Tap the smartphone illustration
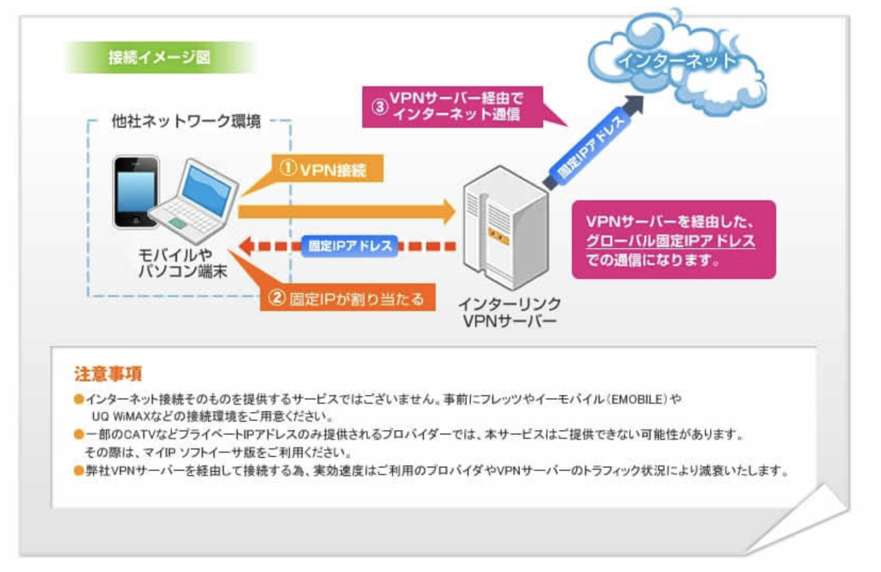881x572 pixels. pos(135,192)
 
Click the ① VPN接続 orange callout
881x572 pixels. pos(327,169)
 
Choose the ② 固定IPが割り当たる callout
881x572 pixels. pos(347,298)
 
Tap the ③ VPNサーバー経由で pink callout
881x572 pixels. pos(452,107)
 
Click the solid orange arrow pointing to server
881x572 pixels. pos(346,212)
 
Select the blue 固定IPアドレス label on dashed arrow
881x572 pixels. pos(350,246)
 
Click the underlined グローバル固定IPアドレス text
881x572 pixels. pos(670,241)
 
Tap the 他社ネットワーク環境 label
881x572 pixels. pos(186,121)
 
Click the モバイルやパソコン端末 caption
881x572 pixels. pos(181,263)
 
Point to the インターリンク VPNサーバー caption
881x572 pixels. pos(509,313)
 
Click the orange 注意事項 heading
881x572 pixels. pos(108,374)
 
